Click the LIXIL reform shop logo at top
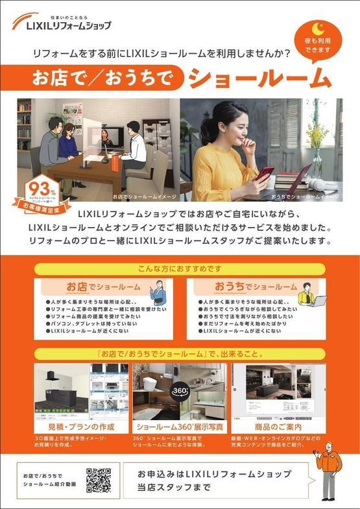(x=62, y=23)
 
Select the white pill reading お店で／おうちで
(x=102, y=78)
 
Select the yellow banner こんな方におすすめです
(x=180, y=268)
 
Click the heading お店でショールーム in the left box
(x=102, y=286)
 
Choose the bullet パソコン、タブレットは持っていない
(x=91, y=322)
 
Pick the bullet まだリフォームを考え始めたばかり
(x=239, y=322)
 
